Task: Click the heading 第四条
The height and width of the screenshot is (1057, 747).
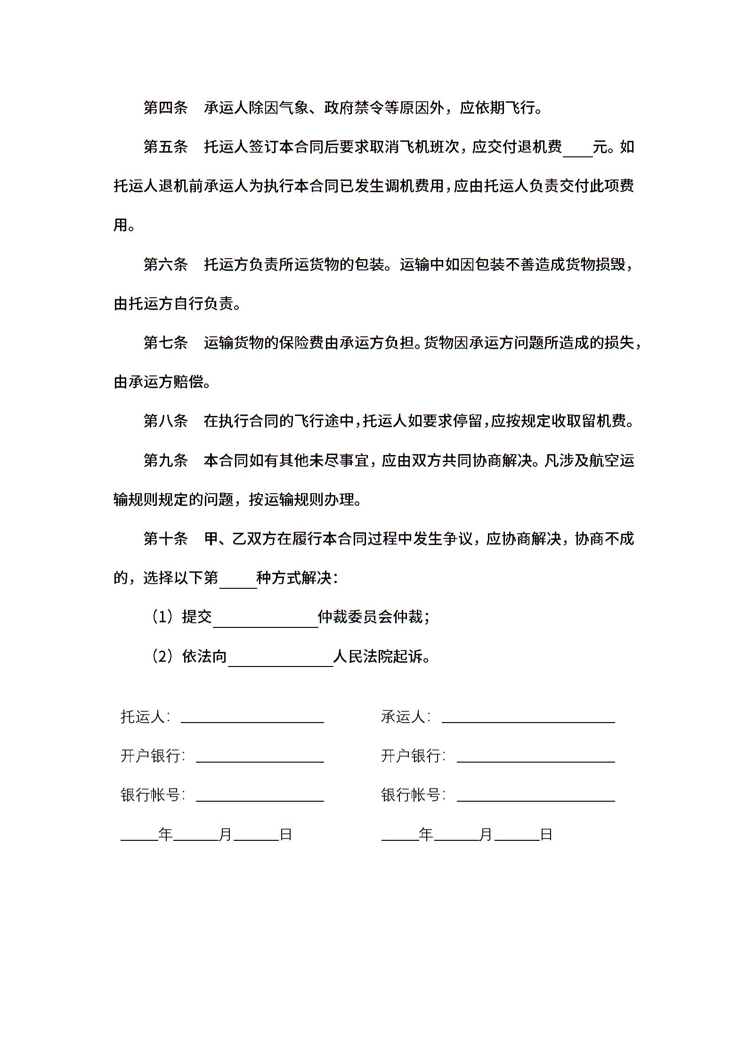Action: (x=165, y=108)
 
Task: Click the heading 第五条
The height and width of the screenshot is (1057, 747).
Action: (x=165, y=147)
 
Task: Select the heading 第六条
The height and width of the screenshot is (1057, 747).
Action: (x=165, y=265)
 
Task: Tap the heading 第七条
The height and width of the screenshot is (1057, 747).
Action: (x=165, y=342)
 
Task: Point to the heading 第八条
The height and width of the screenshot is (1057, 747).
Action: (x=165, y=421)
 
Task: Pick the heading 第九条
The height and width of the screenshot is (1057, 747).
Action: (x=165, y=460)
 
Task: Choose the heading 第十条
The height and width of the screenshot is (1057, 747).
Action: (x=165, y=538)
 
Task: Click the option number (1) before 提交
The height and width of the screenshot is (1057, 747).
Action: (x=163, y=617)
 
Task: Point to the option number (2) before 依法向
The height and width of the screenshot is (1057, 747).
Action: (x=163, y=656)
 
